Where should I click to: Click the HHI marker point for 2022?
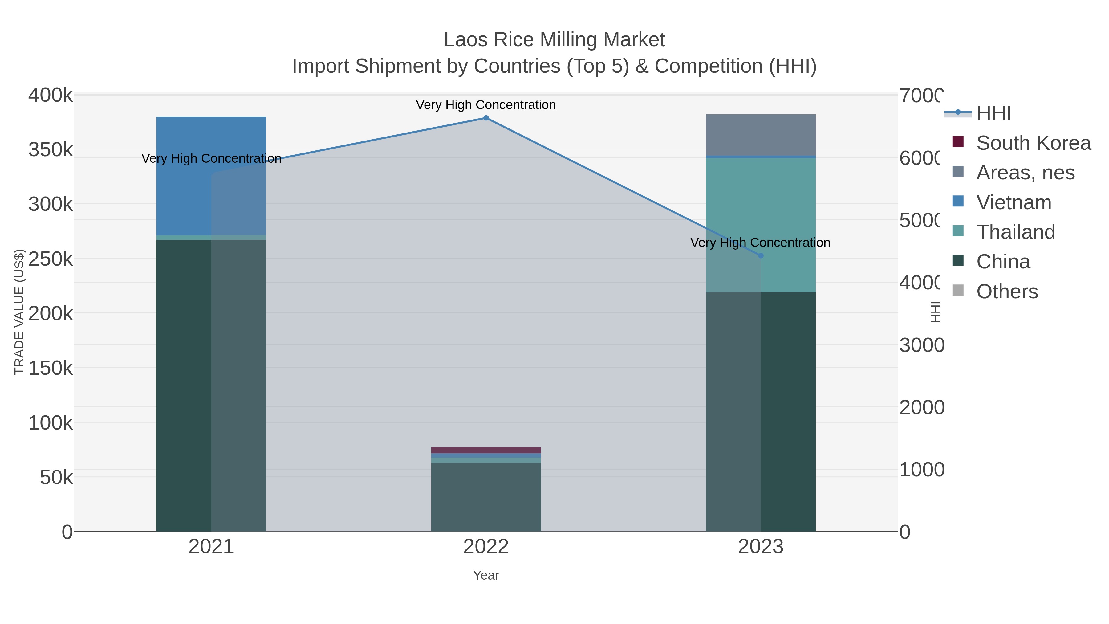[485, 118]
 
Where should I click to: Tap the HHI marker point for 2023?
[760, 256]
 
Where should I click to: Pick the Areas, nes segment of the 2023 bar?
[760, 135]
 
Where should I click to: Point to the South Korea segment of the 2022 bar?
[485, 450]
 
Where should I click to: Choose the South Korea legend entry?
[1033, 143]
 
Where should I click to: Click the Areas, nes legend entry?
[1025, 173]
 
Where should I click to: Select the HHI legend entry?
[993, 113]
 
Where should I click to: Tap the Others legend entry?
[1006, 292]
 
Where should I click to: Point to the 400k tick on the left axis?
[51, 95]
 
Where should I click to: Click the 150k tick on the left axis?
[51, 368]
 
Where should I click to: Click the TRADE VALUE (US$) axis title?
[19, 312]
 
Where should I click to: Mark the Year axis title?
[485, 575]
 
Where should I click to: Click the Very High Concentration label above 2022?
[485, 105]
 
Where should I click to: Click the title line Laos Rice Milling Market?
[554, 40]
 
